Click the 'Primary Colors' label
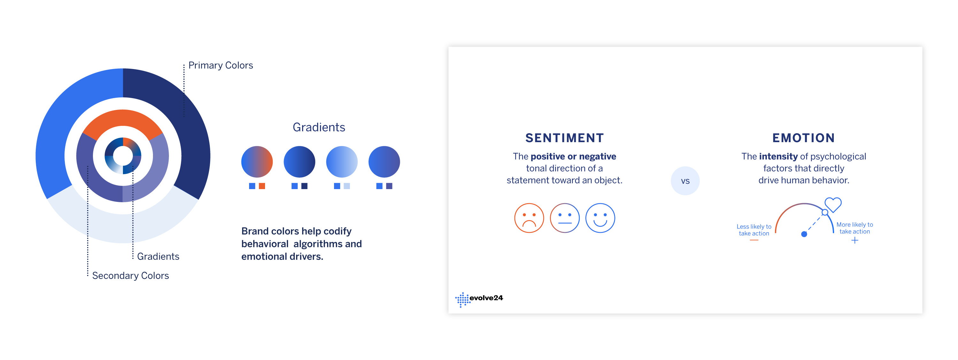(x=221, y=65)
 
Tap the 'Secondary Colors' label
(x=131, y=276)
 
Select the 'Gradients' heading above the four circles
(x=319, y=127)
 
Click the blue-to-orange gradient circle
(x=257, y=162)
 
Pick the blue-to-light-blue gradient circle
(x=342, y=162)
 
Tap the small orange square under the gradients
(x=262, y=186)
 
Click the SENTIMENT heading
(x=565, y=138)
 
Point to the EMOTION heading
(x=804, y=138)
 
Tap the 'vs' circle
(x=685, y=181)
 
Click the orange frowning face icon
(x=529, y=218)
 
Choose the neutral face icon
(x=565, y=218)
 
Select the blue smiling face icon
(x=600, y=218)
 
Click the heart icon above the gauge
(x=833, y=204)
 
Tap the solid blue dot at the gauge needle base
(x=804, y=234)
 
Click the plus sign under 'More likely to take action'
(x=855, y=240)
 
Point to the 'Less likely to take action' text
(x=754, y=230)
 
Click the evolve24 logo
(x=479, y=299)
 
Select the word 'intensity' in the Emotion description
(x=779, y=157)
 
